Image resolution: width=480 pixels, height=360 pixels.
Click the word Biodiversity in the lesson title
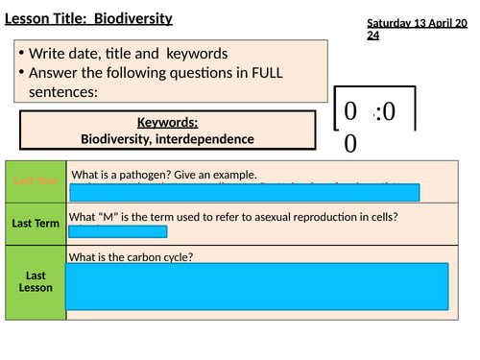coord(141,15)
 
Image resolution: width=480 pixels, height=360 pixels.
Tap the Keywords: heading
coord(167,123)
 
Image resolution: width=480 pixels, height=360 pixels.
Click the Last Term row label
coord(36,223)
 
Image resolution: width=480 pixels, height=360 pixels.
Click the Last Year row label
coord(36,180)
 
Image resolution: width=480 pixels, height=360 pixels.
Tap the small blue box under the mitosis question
coord(117,230)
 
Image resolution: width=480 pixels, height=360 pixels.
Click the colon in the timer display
coord(381,112)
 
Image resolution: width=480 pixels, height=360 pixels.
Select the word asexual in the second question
coord(267,215)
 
